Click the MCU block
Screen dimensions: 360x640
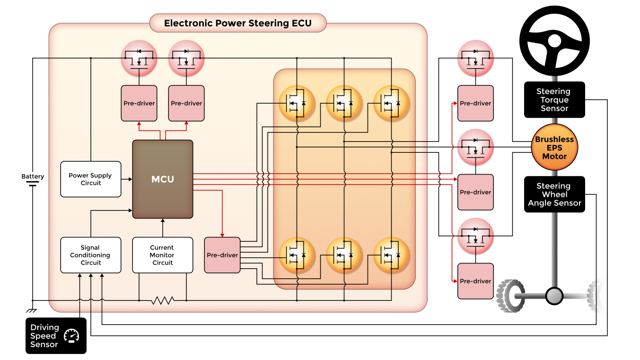coord(163,179)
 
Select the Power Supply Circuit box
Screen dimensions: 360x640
coord(91,179)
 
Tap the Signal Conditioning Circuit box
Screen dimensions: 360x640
coord(90,255)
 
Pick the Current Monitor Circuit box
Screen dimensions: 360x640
coord(162,255)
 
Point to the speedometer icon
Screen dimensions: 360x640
coord(72,335)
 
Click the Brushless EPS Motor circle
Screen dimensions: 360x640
coord(554,148)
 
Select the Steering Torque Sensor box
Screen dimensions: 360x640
coord(554,100)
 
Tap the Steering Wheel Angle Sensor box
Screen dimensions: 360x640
coord(554,194)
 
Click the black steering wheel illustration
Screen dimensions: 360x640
coord(554,41)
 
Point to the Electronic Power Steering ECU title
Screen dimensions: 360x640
coord(238,23)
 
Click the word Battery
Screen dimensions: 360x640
coord(33,176)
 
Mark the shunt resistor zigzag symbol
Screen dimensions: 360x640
coord(163,300)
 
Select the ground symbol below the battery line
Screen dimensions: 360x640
coord(33,310)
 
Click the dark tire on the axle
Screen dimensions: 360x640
coord(511,296)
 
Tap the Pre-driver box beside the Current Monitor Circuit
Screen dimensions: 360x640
coord(222,255)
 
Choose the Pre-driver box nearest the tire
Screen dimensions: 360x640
coord(475,281)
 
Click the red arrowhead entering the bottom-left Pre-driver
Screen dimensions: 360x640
coord(222,235)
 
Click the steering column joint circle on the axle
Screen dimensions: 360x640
coord(554,296)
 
